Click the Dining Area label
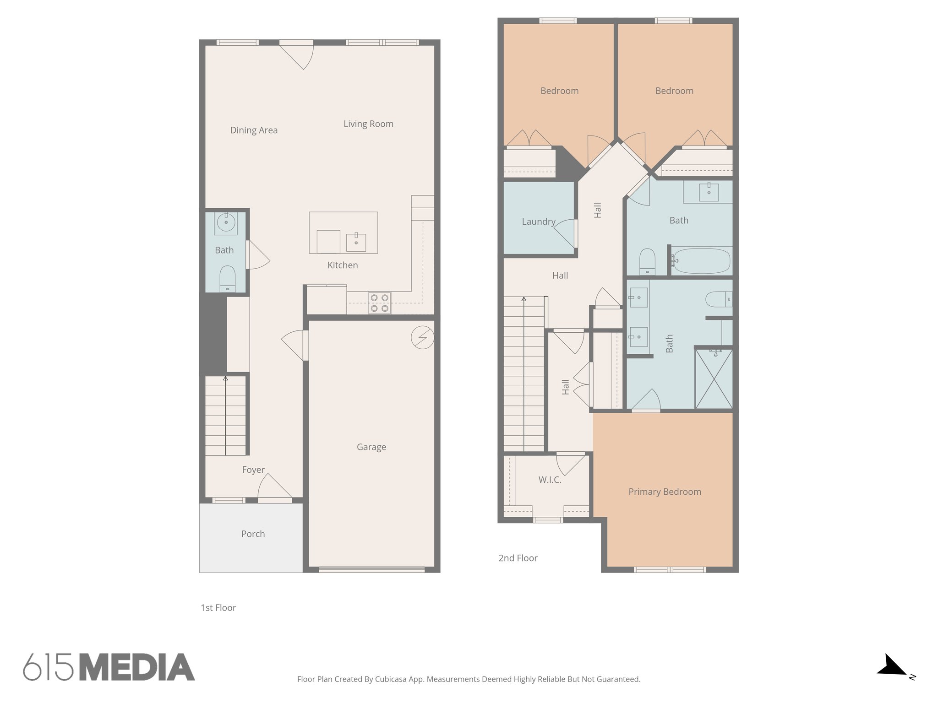254,130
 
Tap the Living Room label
368,124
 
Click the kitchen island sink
356,242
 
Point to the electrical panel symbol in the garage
422,338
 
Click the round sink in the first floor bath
226,223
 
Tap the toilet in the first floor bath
228,278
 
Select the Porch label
253,534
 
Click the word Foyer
253,470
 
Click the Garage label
371,447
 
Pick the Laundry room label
538,222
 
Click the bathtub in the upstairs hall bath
701,261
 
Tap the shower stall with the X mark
714,379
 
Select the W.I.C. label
550,480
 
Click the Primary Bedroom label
665,492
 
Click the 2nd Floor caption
518,558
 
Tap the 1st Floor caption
218,608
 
